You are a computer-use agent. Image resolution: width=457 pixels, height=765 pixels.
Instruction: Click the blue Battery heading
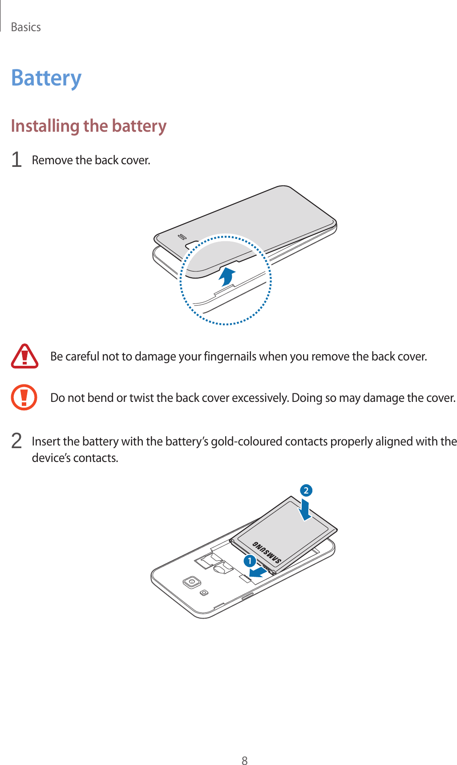tap(46, 78)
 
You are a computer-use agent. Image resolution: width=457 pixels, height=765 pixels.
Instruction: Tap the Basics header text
tap(26, 27)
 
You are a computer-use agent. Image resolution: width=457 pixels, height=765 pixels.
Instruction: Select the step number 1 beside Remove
tap(16, 160)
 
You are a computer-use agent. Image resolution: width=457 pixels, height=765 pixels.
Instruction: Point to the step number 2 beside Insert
tap(16, 441)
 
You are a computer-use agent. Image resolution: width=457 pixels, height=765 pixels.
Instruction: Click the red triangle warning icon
tap(24, 356)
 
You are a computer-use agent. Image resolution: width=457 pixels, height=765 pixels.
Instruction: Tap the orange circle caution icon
tap(24, 397)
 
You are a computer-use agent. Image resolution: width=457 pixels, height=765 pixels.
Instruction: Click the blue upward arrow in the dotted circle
tap(227, 276)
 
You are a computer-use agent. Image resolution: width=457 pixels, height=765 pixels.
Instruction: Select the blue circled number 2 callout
tap(306, 490)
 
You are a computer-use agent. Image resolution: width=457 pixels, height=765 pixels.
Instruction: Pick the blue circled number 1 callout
tap(250, 561)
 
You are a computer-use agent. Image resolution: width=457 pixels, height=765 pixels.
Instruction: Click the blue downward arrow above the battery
tap(305, 510)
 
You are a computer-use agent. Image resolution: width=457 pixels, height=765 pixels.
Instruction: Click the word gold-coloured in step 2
tap(246, 441)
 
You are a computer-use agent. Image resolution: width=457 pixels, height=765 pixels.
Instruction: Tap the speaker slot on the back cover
tap(181, 236)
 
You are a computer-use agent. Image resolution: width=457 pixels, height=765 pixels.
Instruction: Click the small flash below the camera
tap(204, 592)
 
